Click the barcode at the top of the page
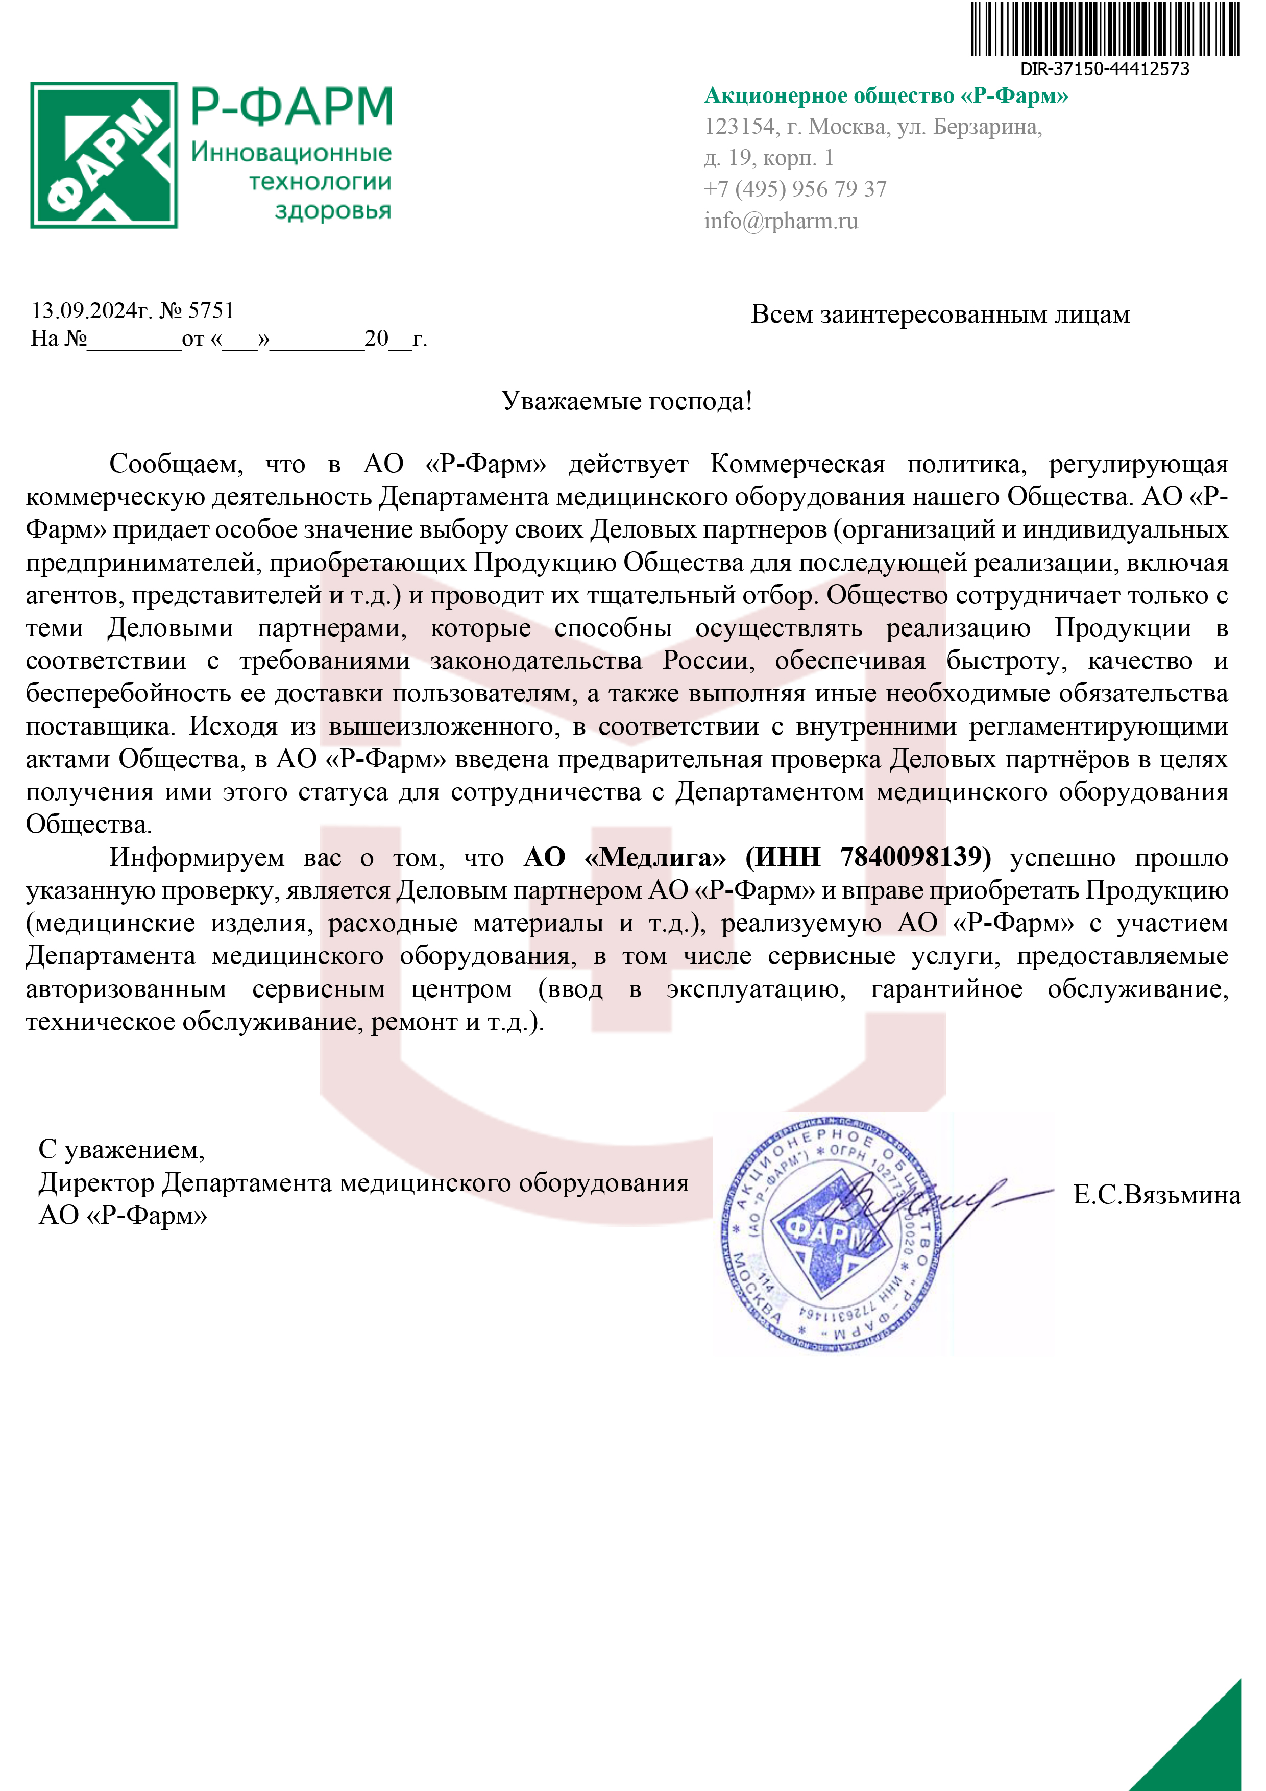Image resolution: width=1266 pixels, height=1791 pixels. point(1105,30)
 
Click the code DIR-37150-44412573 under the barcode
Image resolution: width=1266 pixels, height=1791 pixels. point(1105,68)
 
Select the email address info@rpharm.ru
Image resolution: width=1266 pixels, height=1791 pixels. point(781,222)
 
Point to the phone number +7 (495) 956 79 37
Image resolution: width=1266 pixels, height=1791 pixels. point(795,189)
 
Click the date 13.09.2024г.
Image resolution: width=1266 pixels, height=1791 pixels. point(90,311)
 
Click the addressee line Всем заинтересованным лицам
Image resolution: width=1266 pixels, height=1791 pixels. point(940,314)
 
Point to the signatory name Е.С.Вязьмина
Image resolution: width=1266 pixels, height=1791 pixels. point(1156,1195)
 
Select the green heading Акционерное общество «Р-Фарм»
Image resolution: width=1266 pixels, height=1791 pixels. point(886,96)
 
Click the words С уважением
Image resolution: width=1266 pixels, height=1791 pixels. point(121,1149)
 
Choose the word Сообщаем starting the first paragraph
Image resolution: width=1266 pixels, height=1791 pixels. point(176,464)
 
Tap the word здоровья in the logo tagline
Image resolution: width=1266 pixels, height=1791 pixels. point(333,211)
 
